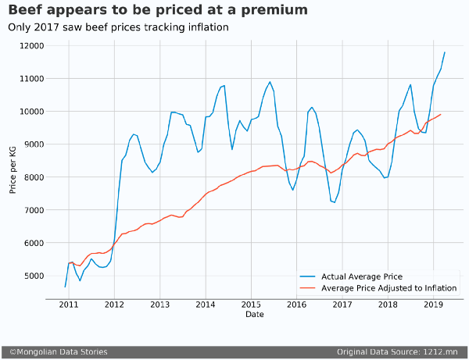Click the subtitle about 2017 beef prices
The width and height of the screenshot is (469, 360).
(x=118, y=27)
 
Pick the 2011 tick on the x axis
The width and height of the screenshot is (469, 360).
(x=69, y=305)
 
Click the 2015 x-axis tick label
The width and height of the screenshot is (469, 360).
(x=251, y=305)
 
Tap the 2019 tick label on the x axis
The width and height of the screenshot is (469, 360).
(x=433, y=305)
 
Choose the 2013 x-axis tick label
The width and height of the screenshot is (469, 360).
(x=159, y=305)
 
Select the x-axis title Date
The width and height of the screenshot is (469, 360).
(x=254, y=315)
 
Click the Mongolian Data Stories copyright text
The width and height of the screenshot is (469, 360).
(x=58, y=352)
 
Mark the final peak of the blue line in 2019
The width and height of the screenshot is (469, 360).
(x=445, y=52)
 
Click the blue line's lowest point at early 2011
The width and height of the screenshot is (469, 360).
(x=66, y=287)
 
